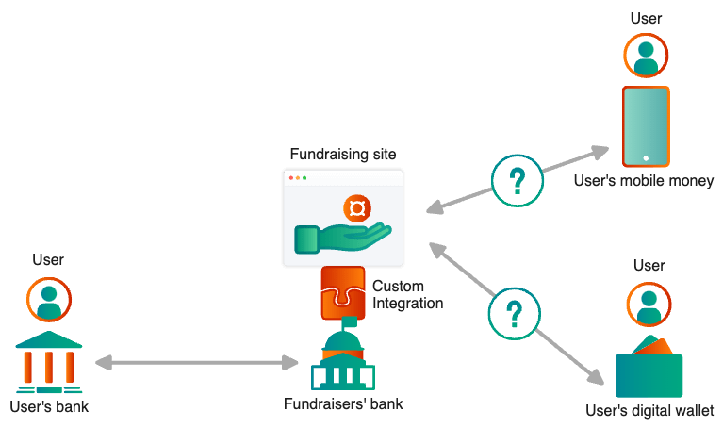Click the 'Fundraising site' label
[x=343, y=154]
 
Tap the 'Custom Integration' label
[x=406, y=294]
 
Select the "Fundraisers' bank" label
[x=343, y=404]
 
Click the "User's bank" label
[x=49, y=407]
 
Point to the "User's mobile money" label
[x=644, y=180]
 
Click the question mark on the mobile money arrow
[x=518, y=179]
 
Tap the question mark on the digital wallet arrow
[x=514, y=313]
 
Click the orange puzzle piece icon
[x=342, y=292]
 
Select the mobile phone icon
[x=646, y=126]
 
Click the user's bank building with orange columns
[x=49, y=363]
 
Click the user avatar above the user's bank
[x=49, y=300]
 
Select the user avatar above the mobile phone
[x=646, y=55]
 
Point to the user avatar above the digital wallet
[x=649, y=304]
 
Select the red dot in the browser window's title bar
[x=292, y=178]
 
